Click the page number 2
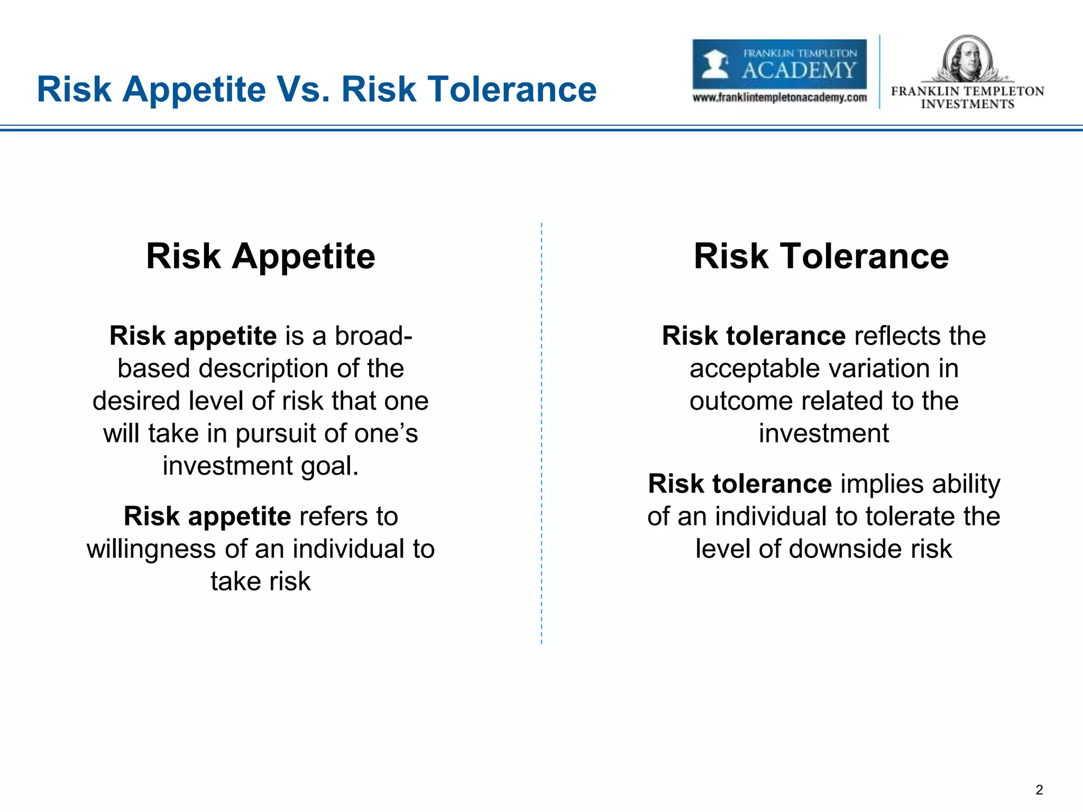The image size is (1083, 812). pos(1039,790)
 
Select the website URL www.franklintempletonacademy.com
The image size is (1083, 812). pos(779,98)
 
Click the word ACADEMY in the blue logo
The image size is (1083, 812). pos(799,70)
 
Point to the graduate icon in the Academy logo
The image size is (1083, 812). pos(715,65)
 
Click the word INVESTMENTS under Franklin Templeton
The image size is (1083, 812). pos(967,104)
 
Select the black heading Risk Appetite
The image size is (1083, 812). pos(261,256)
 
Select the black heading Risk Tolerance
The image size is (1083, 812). pos(821,256)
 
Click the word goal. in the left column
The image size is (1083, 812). pos(330,466)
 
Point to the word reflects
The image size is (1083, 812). pos(897,336)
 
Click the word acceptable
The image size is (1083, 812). pos(753,368)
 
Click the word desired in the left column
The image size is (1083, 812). pos(136,401)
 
